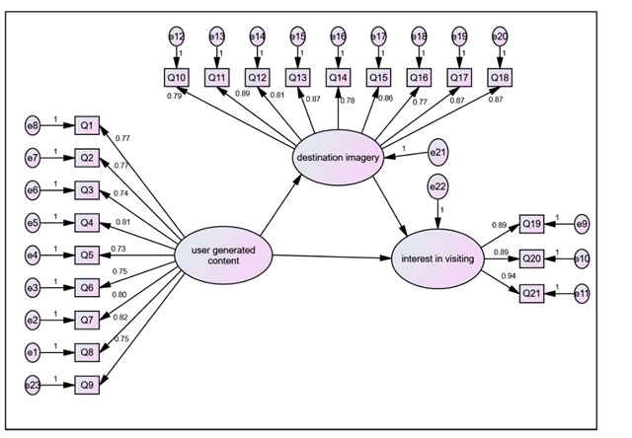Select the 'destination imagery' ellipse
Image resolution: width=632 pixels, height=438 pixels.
338,158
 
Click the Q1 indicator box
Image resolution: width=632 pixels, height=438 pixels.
87,125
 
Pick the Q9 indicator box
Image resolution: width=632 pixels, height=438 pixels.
87,385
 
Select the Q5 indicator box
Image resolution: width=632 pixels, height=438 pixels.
87,255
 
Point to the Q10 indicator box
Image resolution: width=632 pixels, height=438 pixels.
177,76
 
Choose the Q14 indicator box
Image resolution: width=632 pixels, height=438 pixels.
338,76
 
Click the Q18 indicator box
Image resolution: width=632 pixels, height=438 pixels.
500,76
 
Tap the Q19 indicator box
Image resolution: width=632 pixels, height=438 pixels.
531,224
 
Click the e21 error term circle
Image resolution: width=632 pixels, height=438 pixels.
436,153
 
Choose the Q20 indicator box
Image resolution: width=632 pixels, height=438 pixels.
531,257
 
